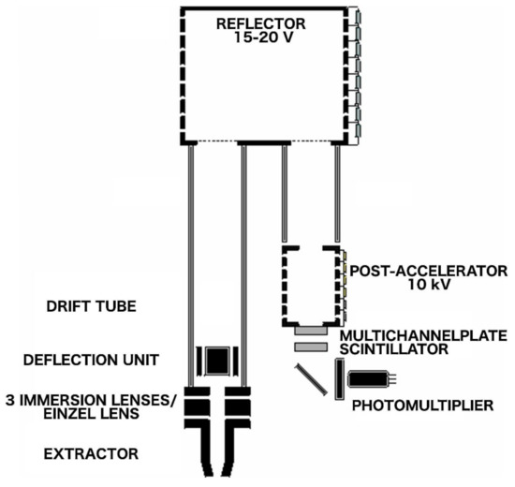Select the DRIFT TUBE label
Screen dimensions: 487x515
pos(87,307)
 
